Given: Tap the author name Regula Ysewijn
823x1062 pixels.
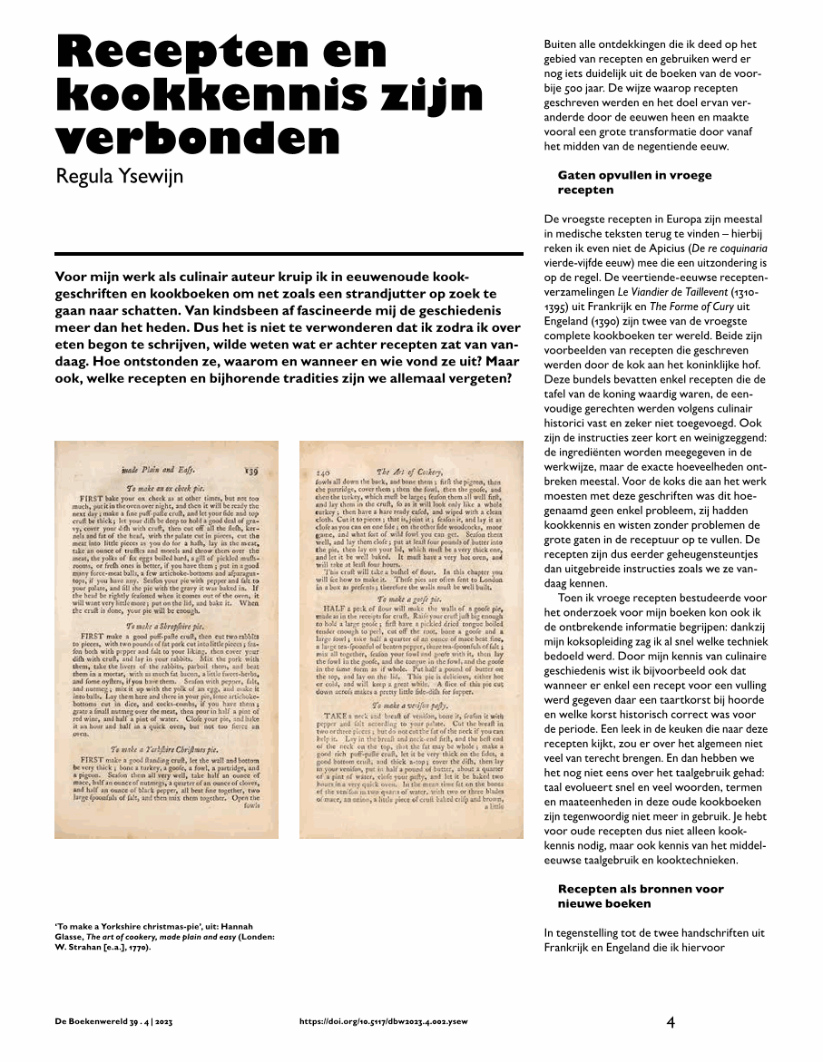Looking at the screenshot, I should [120, 175].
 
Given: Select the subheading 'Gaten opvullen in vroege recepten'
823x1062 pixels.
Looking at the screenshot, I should [634, 182].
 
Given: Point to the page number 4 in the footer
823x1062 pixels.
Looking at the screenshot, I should [671, 1022].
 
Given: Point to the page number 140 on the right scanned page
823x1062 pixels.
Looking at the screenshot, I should [321, 472].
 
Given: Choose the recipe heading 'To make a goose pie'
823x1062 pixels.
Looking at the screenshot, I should [409, 600].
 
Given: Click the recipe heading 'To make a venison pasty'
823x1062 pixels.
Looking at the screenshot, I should [411, 703].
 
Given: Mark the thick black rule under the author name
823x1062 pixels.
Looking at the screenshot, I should [289, 254].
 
